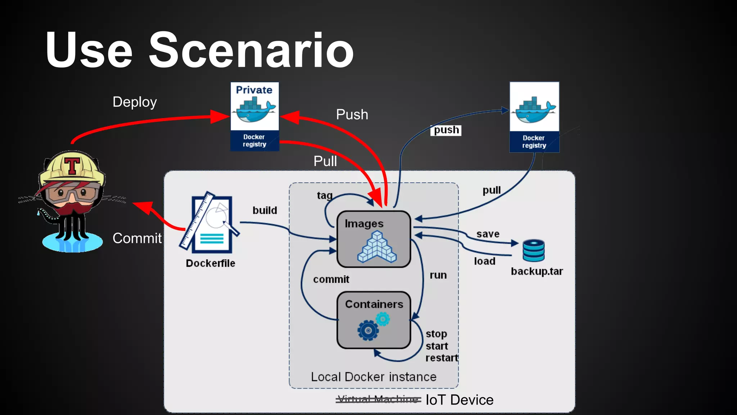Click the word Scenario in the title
(251, 50)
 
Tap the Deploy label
(135, 102)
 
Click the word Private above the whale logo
(254, 90)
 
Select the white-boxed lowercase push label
(446, 130)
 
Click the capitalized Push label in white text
(352, 115)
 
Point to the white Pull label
(325, 161)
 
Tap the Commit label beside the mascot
(137, 238)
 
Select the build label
(264, 210)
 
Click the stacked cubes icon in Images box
(376, 247)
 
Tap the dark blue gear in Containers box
(368, 330)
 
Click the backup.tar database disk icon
(533, 250)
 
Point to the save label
(488, 234)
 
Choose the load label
(484, 261)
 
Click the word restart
(442, 358)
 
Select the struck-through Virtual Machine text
(378, 399)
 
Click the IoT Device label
(459, 400)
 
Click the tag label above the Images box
(324, 195)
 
